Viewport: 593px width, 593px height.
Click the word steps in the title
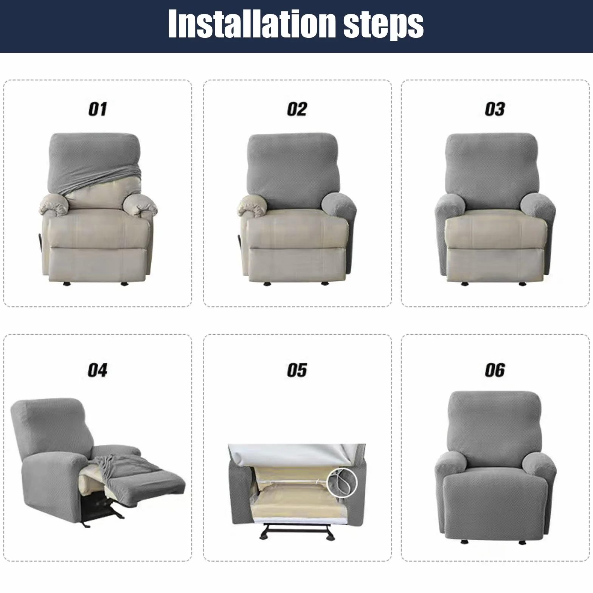pyautogui.click(x=383, y=26)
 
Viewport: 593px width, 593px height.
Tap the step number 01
pyautogui.click(x=98, y=109)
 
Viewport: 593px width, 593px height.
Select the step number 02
pyautogui.click(x=297, y=109)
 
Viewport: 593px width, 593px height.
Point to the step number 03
pyautogui.click(x=495, y=109)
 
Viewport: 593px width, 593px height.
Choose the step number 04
pyautogui.click(x=98, y=370)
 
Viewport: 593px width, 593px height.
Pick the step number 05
pyautogui.click(x=297, y=370)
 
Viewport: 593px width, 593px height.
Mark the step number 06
pyautogui.click(x=495, y=370)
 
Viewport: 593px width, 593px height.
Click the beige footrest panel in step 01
pyautogui.click(x=98, y=264)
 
